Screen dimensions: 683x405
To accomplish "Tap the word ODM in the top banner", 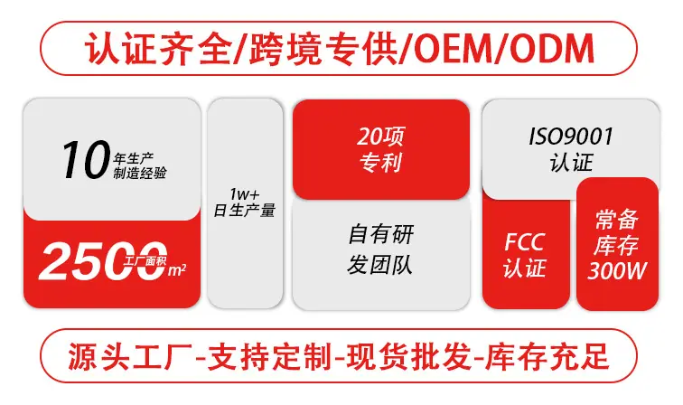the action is [x=551, y=49].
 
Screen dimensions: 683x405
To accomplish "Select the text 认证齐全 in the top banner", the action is [x=158, y=49].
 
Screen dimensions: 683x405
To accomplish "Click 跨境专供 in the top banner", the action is [x=323, y=49].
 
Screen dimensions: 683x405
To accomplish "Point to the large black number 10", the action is [x=86, y=159].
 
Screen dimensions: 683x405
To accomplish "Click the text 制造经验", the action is [x=140, y=173].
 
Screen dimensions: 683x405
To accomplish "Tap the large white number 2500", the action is [x=103, y=260].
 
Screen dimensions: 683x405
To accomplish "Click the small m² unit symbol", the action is [x=177, y=270].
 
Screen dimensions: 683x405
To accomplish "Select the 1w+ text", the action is [x=244, y=193].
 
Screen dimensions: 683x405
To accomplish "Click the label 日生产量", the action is [x=244, y=210].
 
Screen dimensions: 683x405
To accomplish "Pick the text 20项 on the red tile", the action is [x=380, y=137].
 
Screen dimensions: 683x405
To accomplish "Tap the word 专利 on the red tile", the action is [x=380, y=163].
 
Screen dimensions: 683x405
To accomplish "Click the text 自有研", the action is [x=381, y=234].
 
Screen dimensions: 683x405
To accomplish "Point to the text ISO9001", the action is [x=571, y=137].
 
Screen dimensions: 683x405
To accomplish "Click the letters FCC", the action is [x=524, y=242].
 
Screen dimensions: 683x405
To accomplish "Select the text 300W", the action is [x=616, y=270].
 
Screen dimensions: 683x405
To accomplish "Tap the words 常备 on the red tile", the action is [x=616, y=219].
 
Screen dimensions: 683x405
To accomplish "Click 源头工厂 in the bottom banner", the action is [x=129, y=357].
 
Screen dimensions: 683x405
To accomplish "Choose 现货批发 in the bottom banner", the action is [x=408, y=357].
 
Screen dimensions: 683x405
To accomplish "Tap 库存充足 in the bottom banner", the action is [x=547, y=357].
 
